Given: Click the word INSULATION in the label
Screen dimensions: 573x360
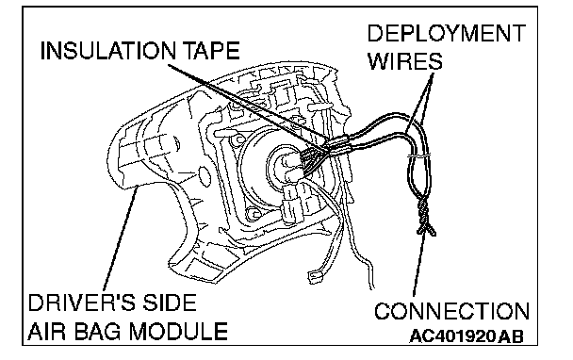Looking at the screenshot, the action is pyautogui.click(x=107, y=51).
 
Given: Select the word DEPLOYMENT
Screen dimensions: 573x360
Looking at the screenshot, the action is pyautogui.click(x=446, y=33).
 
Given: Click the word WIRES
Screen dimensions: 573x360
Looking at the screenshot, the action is pyautogui.click(x=405, y=60).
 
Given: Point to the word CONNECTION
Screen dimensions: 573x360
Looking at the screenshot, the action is pyautogui.click(x=451, y=311).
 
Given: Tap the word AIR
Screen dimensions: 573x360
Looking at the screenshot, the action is pyautogui.click(x=48, y=331).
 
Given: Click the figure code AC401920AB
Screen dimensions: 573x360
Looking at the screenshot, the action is pyautogui.click(x=466, y=335).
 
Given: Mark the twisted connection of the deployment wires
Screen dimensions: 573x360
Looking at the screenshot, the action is pyautogui.click(x=424, y=217).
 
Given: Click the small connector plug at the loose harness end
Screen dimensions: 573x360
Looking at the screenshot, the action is pyautogui.click(x=315, y=277).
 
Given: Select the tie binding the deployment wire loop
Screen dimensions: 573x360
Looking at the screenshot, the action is pyautogui.click(x=418, y=155).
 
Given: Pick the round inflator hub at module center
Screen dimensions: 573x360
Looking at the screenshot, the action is pyautogui.click(x=282, y=166).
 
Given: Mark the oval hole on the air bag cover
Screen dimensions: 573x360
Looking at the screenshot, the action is pyautogui.click(x=205, y=175).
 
